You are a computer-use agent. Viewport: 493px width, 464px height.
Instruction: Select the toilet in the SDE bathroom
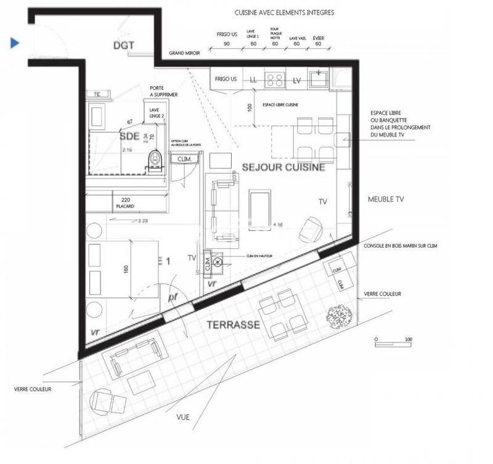click(155, 160)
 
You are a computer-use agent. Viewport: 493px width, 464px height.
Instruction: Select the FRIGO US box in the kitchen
click(226, 79)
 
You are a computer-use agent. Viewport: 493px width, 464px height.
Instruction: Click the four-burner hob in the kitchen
click(274, 79)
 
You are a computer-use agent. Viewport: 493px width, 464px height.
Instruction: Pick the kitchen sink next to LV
click(319, 78)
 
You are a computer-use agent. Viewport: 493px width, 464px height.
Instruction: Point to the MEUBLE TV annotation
click(385, 199)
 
